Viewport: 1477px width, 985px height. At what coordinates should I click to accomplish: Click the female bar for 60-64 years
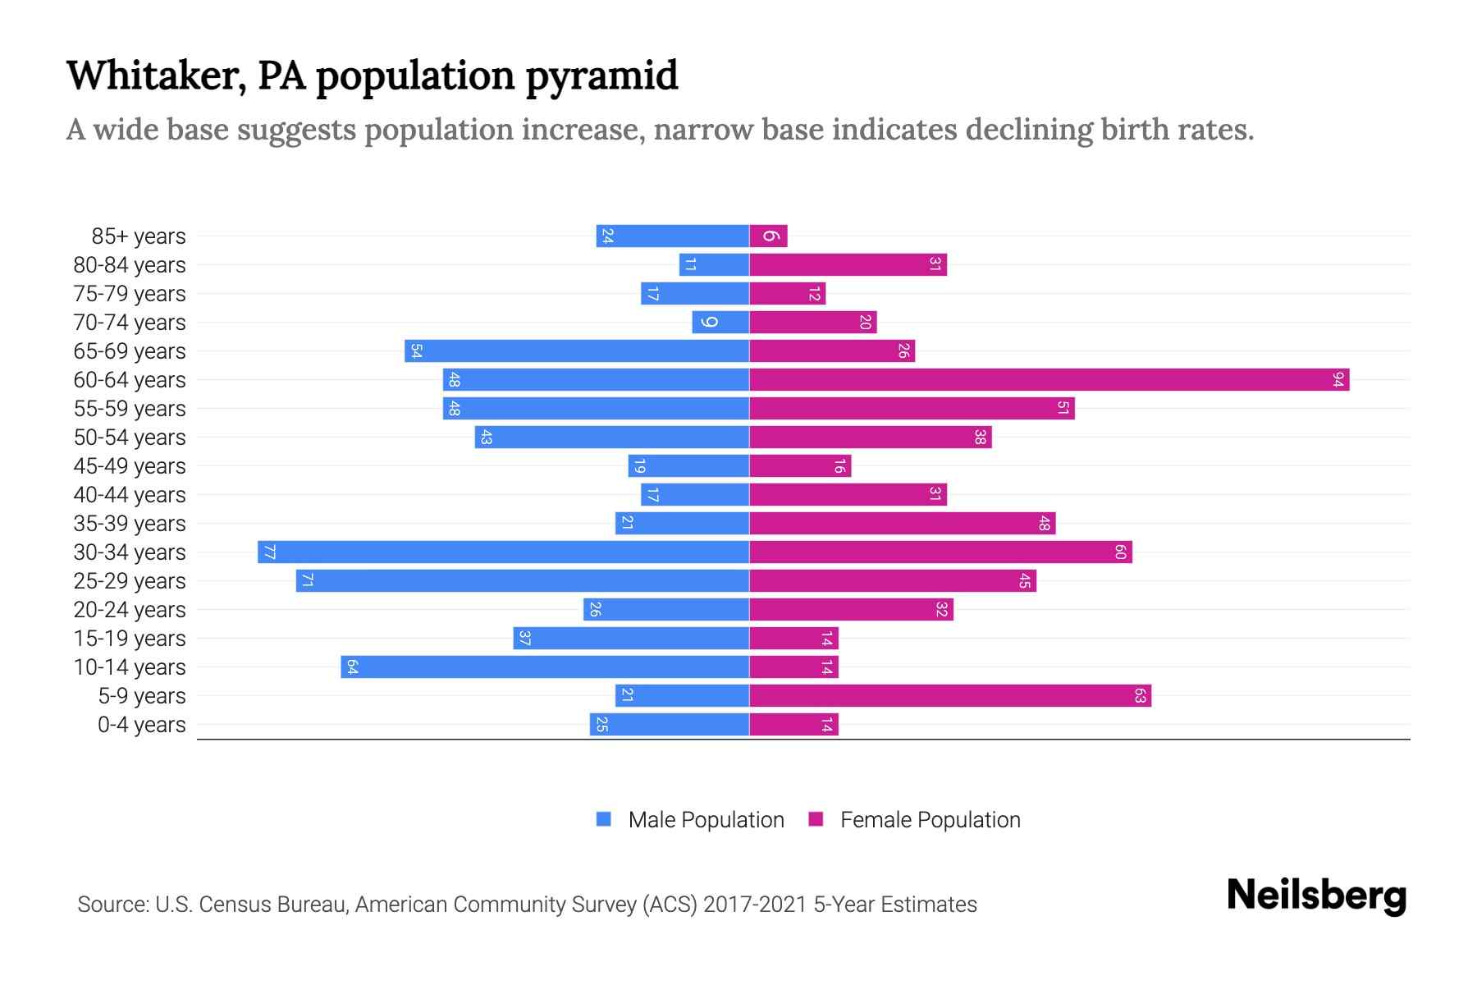(1049, 379)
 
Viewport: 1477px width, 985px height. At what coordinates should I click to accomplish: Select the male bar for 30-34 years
(503, 552)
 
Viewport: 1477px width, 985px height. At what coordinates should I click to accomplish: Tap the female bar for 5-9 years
(950, 695)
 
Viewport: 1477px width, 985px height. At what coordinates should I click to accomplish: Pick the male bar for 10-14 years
(545, 667)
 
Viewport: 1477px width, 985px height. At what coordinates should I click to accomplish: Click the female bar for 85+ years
(768, 236)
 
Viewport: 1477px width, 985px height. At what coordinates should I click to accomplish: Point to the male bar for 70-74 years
(720, 322)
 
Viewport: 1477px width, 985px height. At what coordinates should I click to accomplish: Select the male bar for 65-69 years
(577, 350)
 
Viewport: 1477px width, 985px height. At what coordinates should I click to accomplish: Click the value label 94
(1338, 379)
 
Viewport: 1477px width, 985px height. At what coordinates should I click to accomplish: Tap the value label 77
(269, 552)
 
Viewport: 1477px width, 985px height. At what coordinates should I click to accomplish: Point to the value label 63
(1140, 695)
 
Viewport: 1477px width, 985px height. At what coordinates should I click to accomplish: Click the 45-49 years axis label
(130, 465)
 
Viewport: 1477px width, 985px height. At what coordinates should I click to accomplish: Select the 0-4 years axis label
(141, 724)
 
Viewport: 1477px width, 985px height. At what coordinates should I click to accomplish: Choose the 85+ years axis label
(139, 236)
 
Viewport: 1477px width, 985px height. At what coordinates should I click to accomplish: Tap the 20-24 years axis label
(130, 609)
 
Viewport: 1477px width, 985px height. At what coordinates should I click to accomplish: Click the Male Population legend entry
(706, 819)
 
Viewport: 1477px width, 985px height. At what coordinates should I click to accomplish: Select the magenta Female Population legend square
(816, 819)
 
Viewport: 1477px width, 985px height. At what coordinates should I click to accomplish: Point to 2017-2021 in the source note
(755, 904)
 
